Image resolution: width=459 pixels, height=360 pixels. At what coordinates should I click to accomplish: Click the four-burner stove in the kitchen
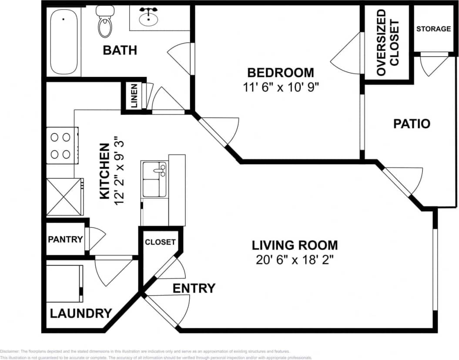coord(61,145)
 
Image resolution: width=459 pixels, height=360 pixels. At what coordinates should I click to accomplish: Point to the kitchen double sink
coord(154,179)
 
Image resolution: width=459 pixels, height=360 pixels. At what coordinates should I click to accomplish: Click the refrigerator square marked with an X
coord(64,197)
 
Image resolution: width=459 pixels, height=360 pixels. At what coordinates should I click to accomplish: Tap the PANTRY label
coord(65,239)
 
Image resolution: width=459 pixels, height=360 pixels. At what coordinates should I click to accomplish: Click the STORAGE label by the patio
coord(433,29)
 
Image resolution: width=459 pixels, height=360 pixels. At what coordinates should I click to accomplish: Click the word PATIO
coord(411,124)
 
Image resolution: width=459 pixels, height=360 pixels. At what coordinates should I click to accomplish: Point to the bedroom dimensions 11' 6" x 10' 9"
coord(281,87)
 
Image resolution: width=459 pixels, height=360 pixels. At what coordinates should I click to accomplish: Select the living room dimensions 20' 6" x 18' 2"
coord(295,260)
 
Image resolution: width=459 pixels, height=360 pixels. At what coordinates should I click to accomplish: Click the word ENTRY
coord(194,288)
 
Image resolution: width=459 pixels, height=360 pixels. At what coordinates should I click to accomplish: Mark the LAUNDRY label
coord(81,313)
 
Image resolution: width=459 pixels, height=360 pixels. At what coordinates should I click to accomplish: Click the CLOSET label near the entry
coord(160,242)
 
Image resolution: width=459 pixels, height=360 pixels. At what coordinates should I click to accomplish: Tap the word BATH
coord(120,50)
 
